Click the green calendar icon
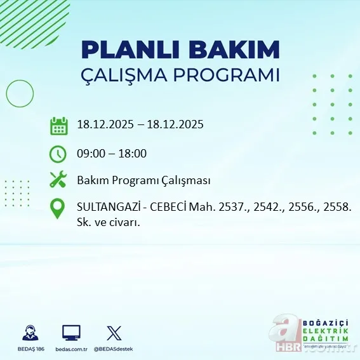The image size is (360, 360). (58, 126)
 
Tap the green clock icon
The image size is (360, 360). (58, 154)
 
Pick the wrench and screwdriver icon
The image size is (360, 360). (58, 180)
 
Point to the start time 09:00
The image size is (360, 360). (90, 154)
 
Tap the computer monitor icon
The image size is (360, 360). (71, 333)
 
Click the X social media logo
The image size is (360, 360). (114, 333)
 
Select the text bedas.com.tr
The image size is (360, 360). (71, 349)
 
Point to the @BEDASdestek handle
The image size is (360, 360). (114, 349)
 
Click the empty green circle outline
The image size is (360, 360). (20, 94)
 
